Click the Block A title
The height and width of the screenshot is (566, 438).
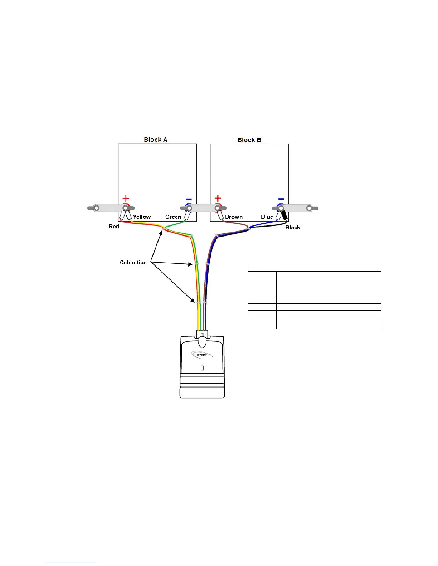pyautogui.click(x=156, y=140)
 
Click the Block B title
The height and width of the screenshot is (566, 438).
pyautogui.click(x=249, y=140)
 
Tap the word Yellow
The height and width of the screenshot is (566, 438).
pyautogui.click(x=142, y=217)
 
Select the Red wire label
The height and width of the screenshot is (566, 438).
pyautogui.click(x=114, y=227)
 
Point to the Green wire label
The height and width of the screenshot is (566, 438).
pyautogui.click(x=173, y=217)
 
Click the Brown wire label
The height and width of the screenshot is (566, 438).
pyautogui.click(x=234, y=217)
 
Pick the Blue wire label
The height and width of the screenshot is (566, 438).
pyautogui.click(x=267, y=217)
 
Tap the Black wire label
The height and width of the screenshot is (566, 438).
pyautogui.click(x=293, y=228)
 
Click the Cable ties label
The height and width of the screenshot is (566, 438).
pyautogui.click(x=133, y=263)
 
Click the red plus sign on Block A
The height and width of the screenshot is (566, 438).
pyautogui.click(x=126, y=198)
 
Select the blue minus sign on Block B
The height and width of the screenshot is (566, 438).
pyautogui.click(x=281, y=199)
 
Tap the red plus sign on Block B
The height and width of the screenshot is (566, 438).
pyautogui.click(x=218, y=198)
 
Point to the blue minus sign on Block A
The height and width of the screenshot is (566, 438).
pyautogui.click(x=189, y=199)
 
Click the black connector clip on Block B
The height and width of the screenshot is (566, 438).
pyautogui.click(x=285, y=215)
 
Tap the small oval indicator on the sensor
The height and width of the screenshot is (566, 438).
pyautogui.click(x=202, y=368)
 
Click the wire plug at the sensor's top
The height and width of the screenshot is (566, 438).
pyautogui.click(x=202, y=335)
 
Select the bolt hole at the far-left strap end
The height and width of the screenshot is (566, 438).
pyautogui.click(x=96, y=208)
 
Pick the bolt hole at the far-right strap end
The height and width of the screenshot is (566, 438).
pyautogui.click(x=309, y=208)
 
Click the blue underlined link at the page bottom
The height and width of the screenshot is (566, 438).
pyautogui.click(x=71, y=563)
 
